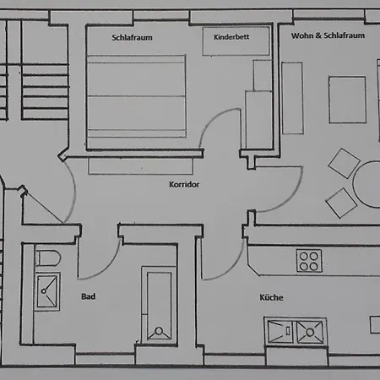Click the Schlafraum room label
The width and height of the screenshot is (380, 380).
132,38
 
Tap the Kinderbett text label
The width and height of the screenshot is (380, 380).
231,37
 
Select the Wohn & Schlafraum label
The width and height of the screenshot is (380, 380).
328,35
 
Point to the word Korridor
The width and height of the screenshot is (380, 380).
184,184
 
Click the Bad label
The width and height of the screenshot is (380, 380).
88,296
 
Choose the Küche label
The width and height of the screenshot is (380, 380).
271,297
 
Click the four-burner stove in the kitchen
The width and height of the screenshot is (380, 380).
309,261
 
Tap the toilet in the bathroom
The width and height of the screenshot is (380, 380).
47,258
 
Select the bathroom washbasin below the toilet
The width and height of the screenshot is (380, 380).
47,291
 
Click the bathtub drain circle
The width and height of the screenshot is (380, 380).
159,331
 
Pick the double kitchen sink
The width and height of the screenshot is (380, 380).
296,331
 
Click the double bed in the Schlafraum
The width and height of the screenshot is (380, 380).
137,96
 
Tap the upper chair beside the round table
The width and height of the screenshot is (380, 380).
344,163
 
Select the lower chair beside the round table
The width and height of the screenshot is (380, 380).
341,203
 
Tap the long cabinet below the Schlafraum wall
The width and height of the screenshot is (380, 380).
140,166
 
